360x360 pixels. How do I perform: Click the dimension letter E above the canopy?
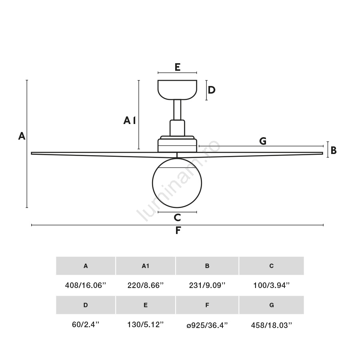click(x=177, y=67)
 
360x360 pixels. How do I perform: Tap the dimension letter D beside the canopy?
click(x=212, y=90)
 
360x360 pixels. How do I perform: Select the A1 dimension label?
click(x=130, y=120)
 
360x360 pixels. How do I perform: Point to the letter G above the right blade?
click(x=263, y=141)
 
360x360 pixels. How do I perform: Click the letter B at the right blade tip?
click(x=333, y=150)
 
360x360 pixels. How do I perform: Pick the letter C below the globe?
click(x=177, y=217)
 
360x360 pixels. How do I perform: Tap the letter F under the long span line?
click(x=178, y=230)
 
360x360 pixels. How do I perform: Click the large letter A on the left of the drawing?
click(x=22, y=136)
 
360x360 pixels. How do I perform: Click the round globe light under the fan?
click(x=177, y=183)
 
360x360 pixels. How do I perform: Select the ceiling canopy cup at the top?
click(x=177, y=90)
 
